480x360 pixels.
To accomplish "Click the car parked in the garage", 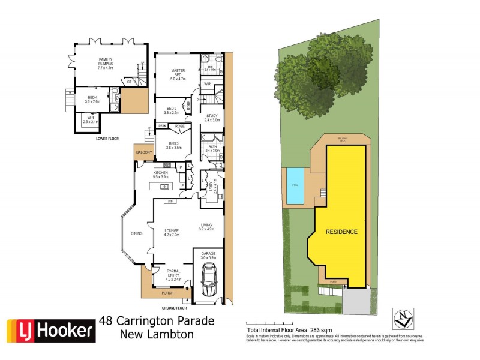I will coord(209,281).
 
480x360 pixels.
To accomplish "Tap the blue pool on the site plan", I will coord(295,185).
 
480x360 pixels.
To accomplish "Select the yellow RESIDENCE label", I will coord(341,232).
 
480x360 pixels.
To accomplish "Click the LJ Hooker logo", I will coord(50,329).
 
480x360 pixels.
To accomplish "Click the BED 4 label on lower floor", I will coord(91,98).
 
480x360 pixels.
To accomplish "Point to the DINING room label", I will coord(137,233).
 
